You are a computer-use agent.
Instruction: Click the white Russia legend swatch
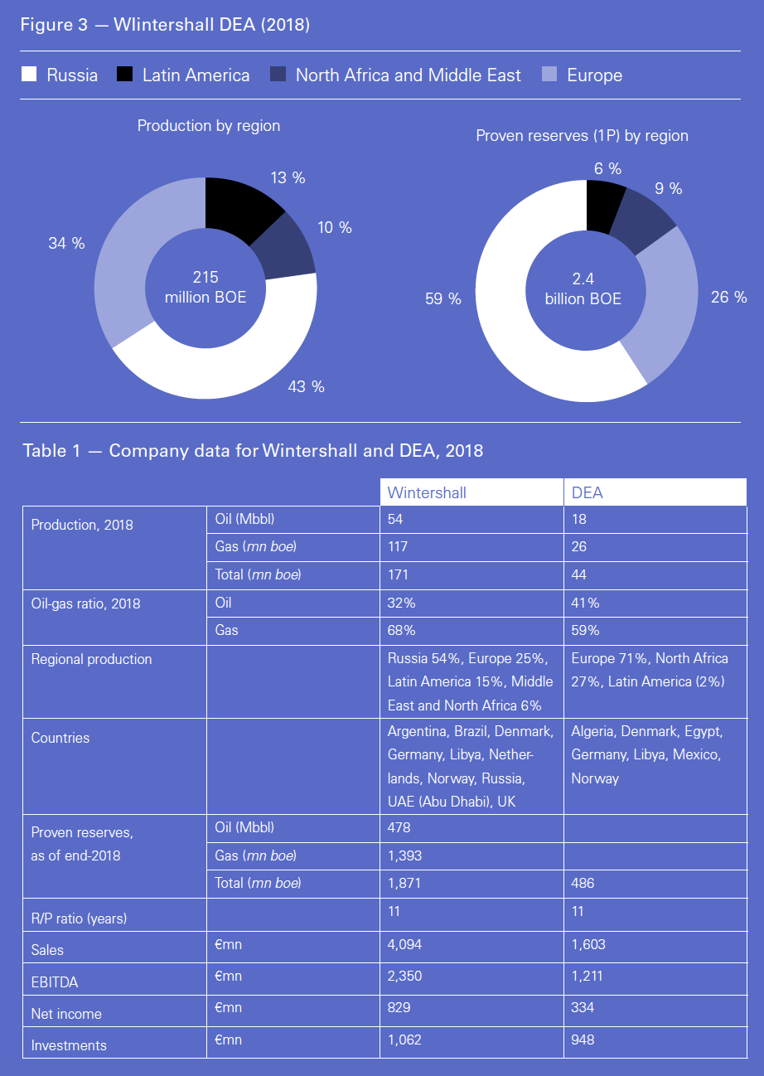tap(30, 75)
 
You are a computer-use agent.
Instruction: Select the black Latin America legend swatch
tap(125, 75)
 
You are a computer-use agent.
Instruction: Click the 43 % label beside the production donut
tap(306, 386)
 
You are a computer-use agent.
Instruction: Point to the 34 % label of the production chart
tap(67, 244)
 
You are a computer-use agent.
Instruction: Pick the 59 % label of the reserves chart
tap(443, 299)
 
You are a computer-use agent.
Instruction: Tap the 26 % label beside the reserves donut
tap(729, 297)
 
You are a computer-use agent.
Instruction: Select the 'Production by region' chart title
tap(209, 126)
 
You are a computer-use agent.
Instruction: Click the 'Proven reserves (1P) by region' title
tap(582, 135)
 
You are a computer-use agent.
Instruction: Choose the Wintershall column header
tap(427, 492)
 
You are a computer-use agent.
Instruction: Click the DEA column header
tap(588, 492)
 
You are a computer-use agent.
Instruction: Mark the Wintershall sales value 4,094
tap(405, 943)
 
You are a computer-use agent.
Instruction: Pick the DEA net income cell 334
tap(583, 1007)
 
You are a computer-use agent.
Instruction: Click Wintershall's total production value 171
tap(398, 574)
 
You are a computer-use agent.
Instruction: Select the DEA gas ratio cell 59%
tap(585, 630)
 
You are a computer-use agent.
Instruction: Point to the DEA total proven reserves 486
tap(583, 884)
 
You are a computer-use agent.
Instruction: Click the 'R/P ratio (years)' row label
tap(80, 918)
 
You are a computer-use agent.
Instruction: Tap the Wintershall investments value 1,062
tap(404, 1039)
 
